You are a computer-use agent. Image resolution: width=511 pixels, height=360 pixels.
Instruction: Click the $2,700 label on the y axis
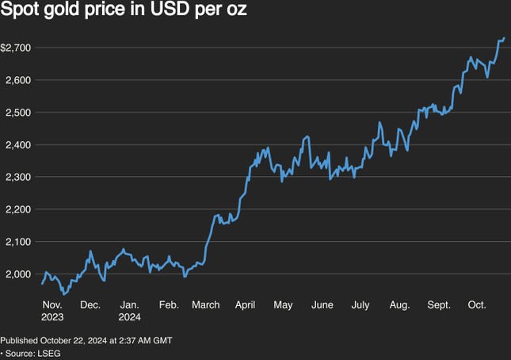point(16,48)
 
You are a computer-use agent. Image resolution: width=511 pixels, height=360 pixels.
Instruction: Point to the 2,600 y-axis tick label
point(17,80)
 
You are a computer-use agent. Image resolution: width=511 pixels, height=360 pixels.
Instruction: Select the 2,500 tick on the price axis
point(17,113)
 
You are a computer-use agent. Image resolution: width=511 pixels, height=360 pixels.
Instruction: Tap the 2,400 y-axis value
point(17,145)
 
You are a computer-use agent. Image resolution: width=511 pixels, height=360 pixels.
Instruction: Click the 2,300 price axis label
point(17,177)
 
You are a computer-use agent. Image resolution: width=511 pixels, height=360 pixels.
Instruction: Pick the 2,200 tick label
point(17,209)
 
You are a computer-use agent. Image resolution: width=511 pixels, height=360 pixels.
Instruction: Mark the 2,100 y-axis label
point(17,242)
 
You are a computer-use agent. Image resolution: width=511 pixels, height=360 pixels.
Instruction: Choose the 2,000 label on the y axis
point(17,274)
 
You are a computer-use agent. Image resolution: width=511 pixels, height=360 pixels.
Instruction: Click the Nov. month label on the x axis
point(52,304)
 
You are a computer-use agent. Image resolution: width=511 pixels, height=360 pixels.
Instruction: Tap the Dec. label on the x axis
point(90,304)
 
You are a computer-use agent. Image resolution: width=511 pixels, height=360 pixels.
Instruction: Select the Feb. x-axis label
point(169,304)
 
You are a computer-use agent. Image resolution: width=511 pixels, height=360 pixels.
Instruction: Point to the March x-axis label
point(206,304)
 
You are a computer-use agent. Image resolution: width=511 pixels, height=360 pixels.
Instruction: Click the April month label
point(246,304)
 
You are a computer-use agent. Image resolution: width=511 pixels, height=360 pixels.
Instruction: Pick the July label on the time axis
point(360,304)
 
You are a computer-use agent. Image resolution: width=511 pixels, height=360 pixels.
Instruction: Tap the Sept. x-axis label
point(439,304)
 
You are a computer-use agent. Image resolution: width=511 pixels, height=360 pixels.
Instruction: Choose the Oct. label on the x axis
point(477,304)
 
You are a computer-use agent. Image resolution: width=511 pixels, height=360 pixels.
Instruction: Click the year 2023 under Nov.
point(52,316)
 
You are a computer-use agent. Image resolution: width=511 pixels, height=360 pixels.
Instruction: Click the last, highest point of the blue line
point(504,38)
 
